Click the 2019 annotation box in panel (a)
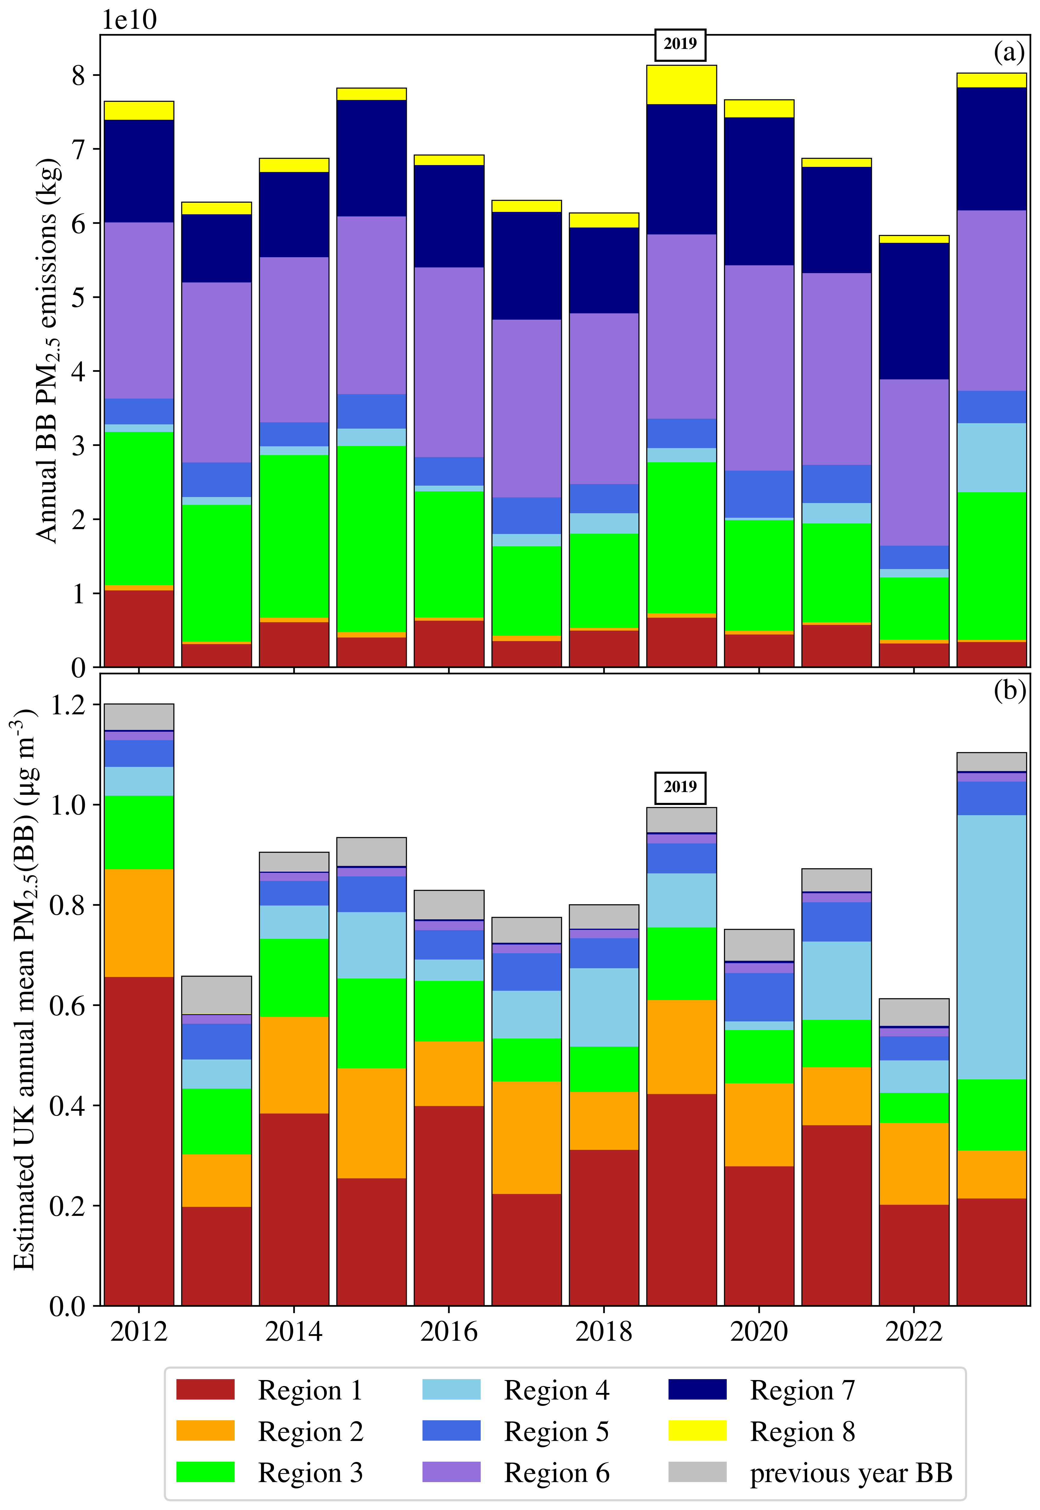pyautogui.click(x=680, y=44)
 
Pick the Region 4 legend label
pyautogui.click(x=557, y=1390)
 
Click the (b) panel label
pyautogui.click(x=1009, y=689)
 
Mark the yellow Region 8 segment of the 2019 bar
pyautogui.click(x=681, y=85)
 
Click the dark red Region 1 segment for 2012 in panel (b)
pyautogui.click(x=139, y=1141)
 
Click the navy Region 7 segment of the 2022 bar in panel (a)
pyautogui.click(x=914, y=311)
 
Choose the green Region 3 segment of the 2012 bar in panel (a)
pyautogui.click(x=139, y=508)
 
